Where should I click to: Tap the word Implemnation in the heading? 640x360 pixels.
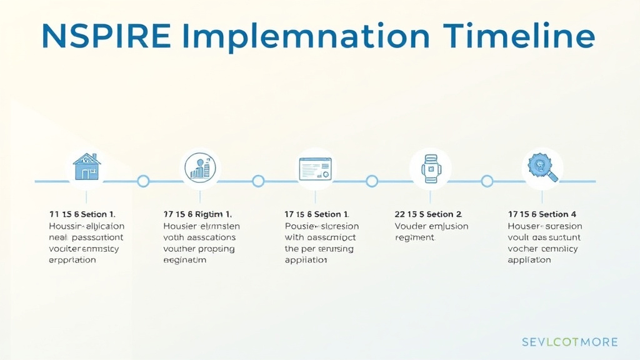[311, 37]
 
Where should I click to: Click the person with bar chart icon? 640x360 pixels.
[201, 167]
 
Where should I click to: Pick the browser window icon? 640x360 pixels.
[315, 169]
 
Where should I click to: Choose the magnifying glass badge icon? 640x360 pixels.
[541, 167]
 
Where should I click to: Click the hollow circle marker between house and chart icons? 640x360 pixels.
[143, 181]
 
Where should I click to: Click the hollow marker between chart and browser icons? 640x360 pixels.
[258, 181]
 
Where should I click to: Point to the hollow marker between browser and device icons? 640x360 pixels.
[372, 181]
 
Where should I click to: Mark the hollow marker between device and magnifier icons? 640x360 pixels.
[487, 181]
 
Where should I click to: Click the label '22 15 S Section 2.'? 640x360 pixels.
[428, 214]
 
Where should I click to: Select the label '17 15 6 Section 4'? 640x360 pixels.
[542, 214]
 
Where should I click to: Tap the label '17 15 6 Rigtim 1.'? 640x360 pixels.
[197, 214]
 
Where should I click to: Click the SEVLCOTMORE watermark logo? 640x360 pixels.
[569, 342]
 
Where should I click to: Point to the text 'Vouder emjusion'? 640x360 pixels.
[431, 226]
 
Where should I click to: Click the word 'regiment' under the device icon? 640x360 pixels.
[414, 237]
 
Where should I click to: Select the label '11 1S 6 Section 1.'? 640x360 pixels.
[82, 214]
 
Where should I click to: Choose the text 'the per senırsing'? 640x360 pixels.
[319, 249]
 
